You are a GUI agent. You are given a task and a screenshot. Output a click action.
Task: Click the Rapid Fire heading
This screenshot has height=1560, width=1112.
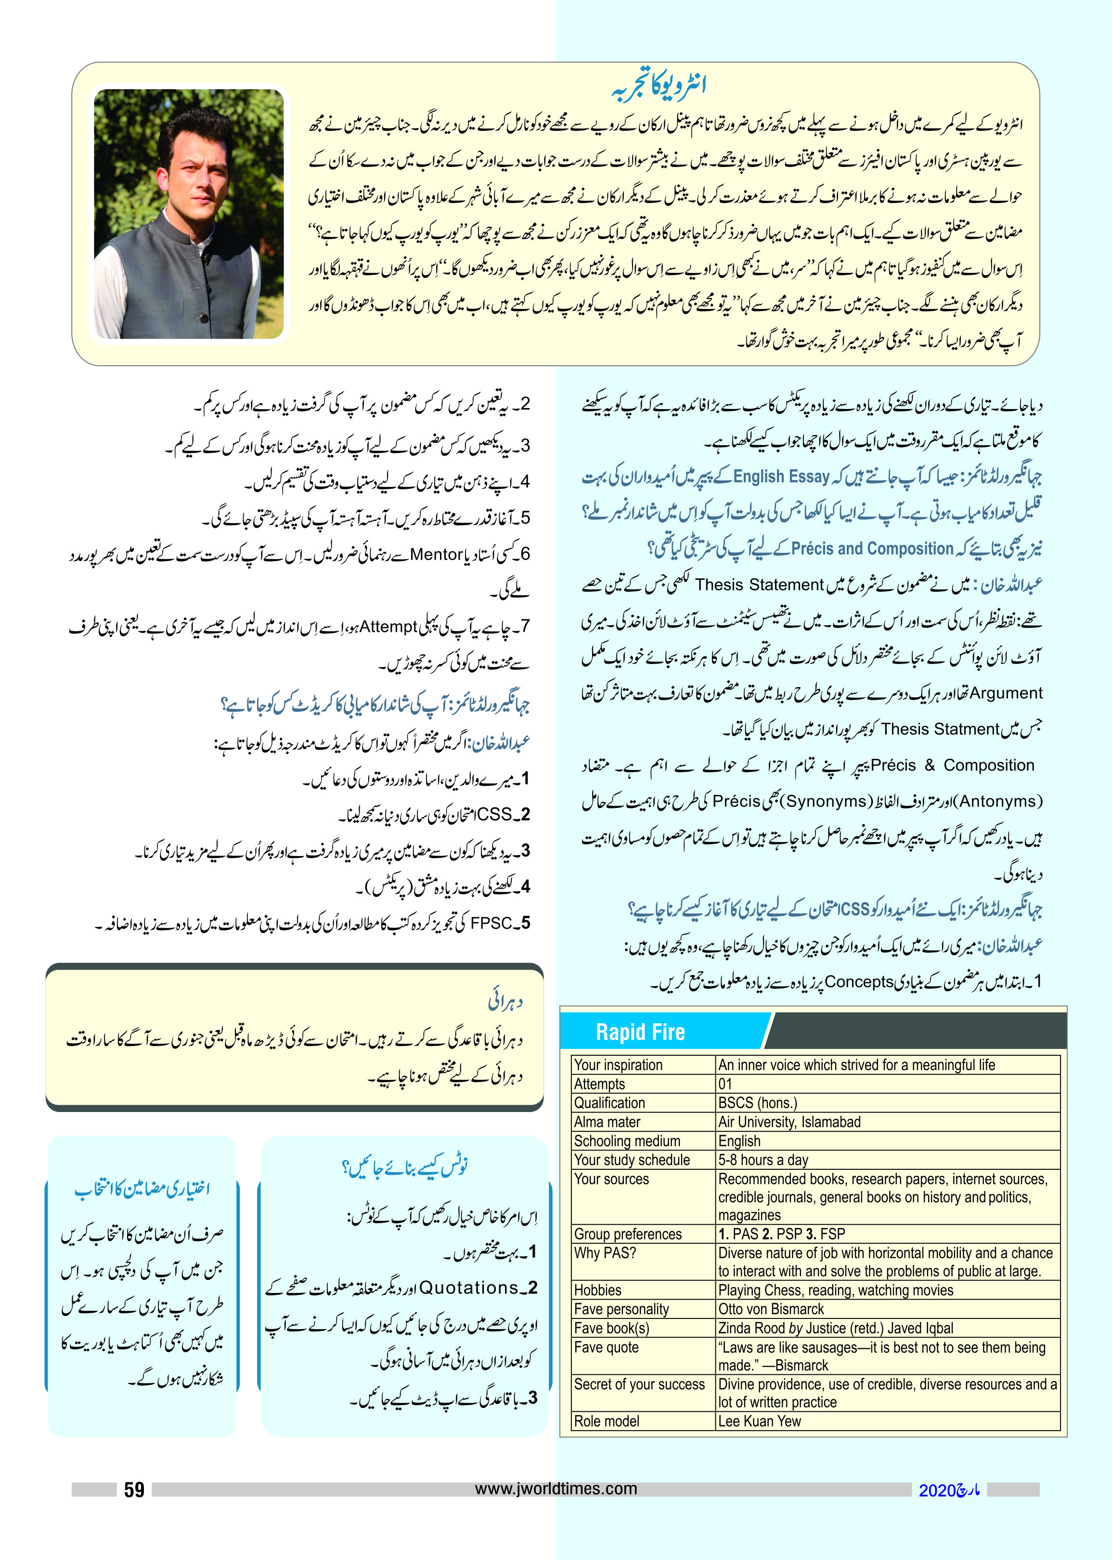click(x=640, y=1032)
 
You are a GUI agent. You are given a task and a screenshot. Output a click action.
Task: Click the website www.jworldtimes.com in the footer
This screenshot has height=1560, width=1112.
click(x=556, y=1488)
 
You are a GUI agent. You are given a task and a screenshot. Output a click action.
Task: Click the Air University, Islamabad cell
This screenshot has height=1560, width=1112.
click(x=789, y=1122)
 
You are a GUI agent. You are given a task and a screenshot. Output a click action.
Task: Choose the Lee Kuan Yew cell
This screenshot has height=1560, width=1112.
click(x=759, y=1421)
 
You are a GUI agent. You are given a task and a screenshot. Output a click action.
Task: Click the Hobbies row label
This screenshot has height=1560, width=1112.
click(x=598, y=1291)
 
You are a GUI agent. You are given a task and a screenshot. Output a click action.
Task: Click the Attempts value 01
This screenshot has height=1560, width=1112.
click(x=725, y=1084)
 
